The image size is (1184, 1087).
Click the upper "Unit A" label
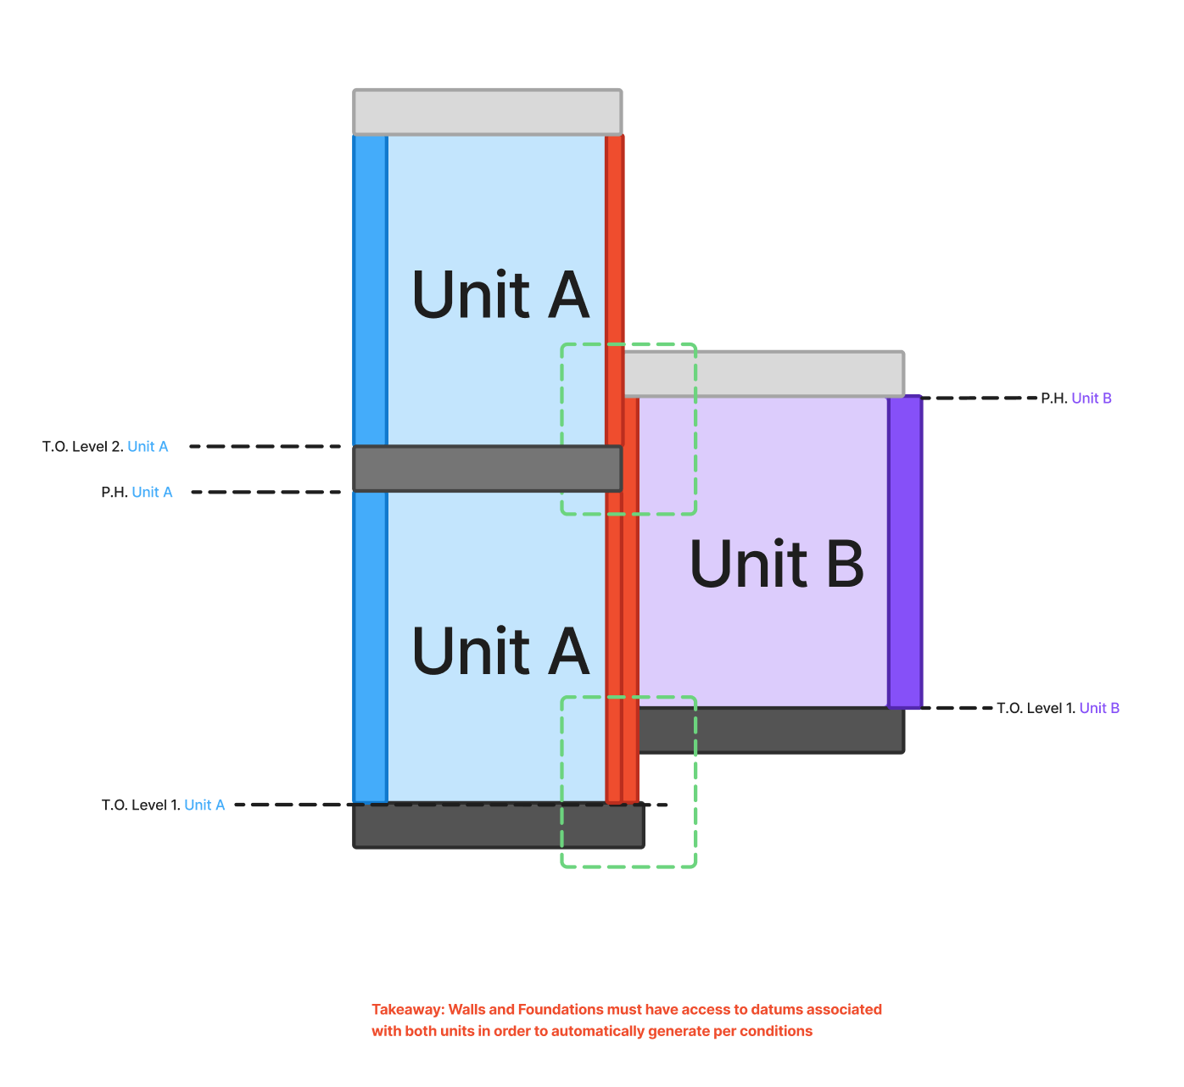pos(500,295)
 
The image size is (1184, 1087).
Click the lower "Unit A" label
pos(500,651)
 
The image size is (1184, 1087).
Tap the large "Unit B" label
pos(777,564)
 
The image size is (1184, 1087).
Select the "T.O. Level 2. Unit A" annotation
pos(105,447)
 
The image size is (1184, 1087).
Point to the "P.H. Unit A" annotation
pos(137,493)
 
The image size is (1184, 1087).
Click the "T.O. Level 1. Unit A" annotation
pos(163,805)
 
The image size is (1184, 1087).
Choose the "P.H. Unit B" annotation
pos(1076,399)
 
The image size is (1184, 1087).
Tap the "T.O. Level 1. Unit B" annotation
pos(1058,709)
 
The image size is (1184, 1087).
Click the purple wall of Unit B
pos(905,551)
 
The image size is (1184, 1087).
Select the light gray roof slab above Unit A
pos(487,112)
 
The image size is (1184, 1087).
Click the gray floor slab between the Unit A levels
pos(487,469)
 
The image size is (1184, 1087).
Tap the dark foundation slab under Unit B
pos(770,731)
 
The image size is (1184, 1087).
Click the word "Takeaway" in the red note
pos(407,1010)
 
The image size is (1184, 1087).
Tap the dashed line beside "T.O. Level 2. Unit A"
pos(265,447)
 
